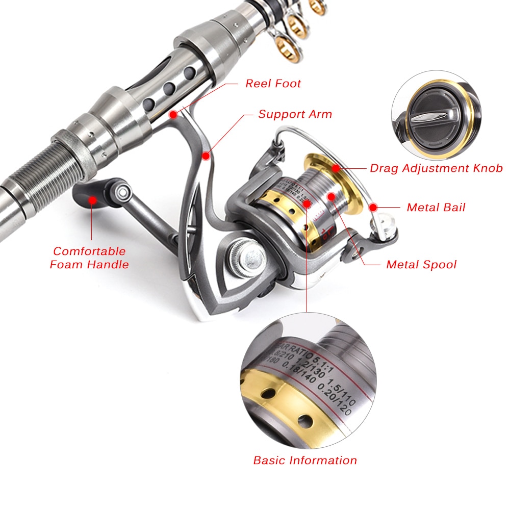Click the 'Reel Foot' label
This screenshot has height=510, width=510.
pyautogui.click(x=273, y=83)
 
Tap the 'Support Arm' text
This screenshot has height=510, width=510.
pyautogui.click(x=295, y=114)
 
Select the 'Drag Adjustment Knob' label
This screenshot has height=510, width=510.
pyautogui.click(x=436, y=168)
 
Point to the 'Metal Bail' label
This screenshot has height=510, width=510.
pyautogui.click(x=436, y=208)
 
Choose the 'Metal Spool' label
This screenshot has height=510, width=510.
pyautogui.click(x=421, y=264)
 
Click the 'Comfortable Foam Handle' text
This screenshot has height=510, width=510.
pyautogui.click(x=89, y=258)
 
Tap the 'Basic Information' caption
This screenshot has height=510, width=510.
pyautogui.click(x=305, y=460)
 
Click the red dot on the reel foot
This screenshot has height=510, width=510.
pyautogui.click(x=174, y=114)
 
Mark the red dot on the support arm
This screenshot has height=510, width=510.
pyautogui.click(x=205, y=155)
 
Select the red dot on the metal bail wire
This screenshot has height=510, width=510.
pyautogui.click(x=373, y=208)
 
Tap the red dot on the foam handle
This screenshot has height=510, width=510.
pyautogui.click(x=92, y=199)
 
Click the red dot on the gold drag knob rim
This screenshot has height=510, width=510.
pyautogui.click(x=335, y=168)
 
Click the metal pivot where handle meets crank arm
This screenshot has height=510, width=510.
pyautogui.click(x=122, y=191)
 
